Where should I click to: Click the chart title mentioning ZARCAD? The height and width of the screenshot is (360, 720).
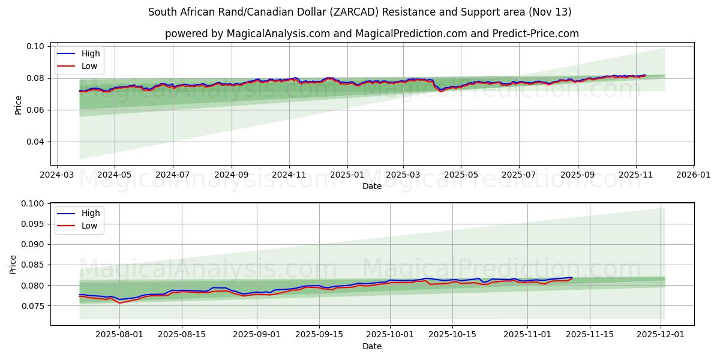click(359, 12)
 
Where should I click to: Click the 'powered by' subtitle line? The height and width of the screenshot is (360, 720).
click(371, 34)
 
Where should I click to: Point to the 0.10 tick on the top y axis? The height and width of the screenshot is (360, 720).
click(36, 46)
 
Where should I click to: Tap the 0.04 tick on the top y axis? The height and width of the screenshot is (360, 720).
click(36, 142)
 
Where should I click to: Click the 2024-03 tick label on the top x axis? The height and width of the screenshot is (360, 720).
click(57, 175)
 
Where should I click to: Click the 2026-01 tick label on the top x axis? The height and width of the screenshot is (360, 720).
click(694, 175)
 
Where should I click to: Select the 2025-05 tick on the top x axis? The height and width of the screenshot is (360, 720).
click(461, 175)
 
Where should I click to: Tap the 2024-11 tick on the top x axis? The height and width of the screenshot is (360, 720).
click(289, 175)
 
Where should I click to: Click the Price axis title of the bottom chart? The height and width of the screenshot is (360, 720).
click(14, 264)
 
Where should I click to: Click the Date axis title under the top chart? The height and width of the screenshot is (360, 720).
click(371, 186)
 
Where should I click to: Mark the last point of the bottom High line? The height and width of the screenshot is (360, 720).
click(572, 277)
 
